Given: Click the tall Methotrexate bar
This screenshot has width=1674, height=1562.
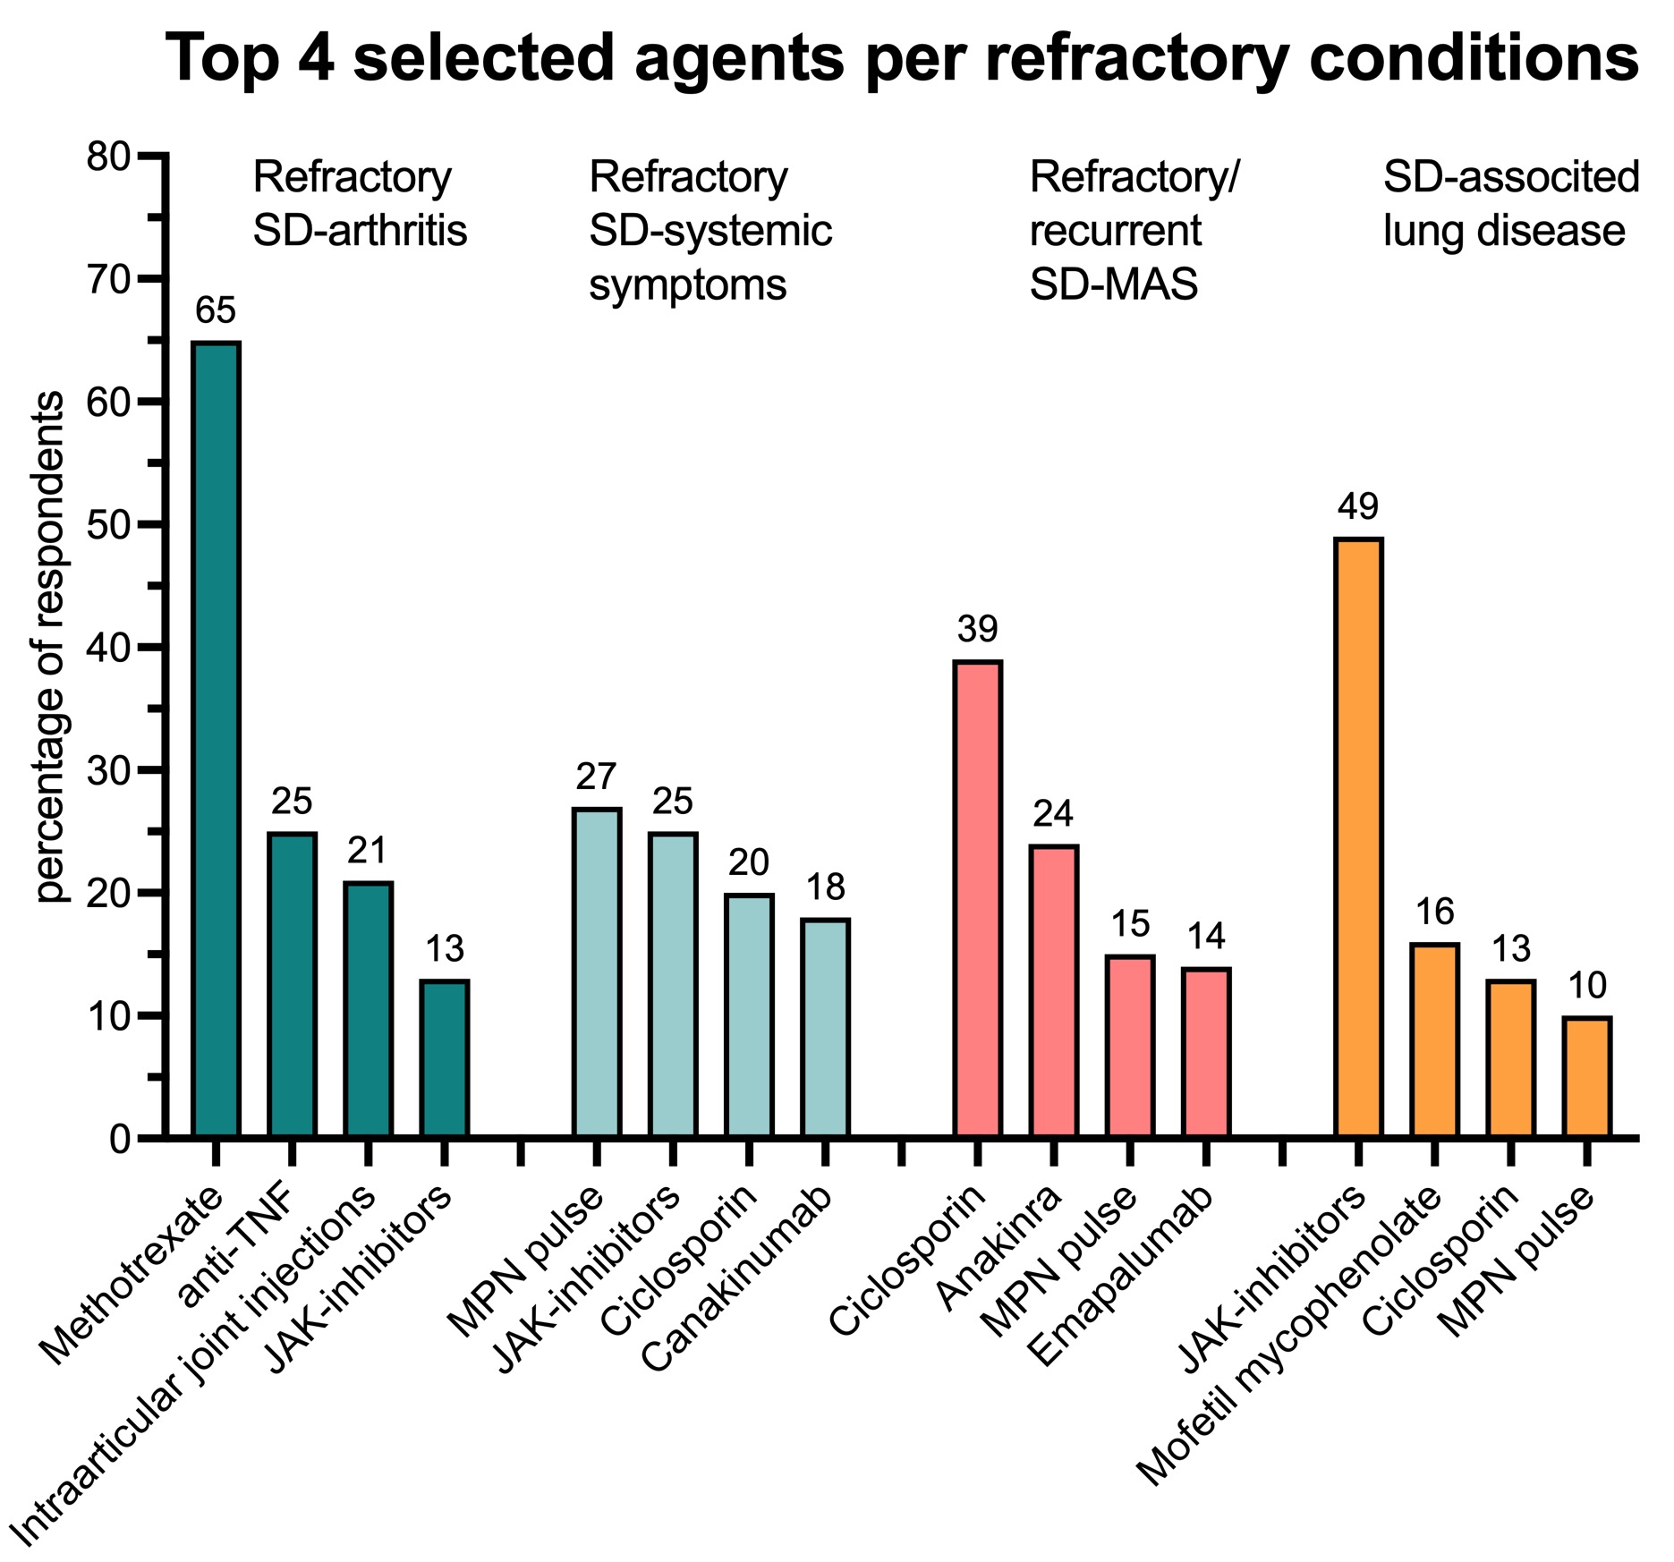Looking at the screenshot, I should pos(216,739).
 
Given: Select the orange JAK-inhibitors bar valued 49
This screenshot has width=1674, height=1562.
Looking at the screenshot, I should pos(1357,837).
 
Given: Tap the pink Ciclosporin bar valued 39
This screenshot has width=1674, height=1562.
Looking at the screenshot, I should pos(977,898).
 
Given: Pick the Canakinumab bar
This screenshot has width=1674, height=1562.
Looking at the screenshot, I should pos(825,1027).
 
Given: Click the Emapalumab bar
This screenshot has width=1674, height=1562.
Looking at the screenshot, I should pos(1205,1052).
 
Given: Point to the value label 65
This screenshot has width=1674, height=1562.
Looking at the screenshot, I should pos(216,311).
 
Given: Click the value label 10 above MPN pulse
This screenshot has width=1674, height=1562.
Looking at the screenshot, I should pos(1587,986).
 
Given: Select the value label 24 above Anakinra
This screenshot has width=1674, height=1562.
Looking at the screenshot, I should pos(1053,814).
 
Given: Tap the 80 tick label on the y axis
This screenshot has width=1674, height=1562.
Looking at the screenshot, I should pos(109,157).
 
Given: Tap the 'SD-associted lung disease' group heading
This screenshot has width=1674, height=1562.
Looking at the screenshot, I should pos(1510,204).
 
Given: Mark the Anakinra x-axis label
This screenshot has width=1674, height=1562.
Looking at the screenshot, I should pos(999,1248).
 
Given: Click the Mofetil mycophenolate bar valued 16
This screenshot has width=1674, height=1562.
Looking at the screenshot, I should pos(1434,1040).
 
